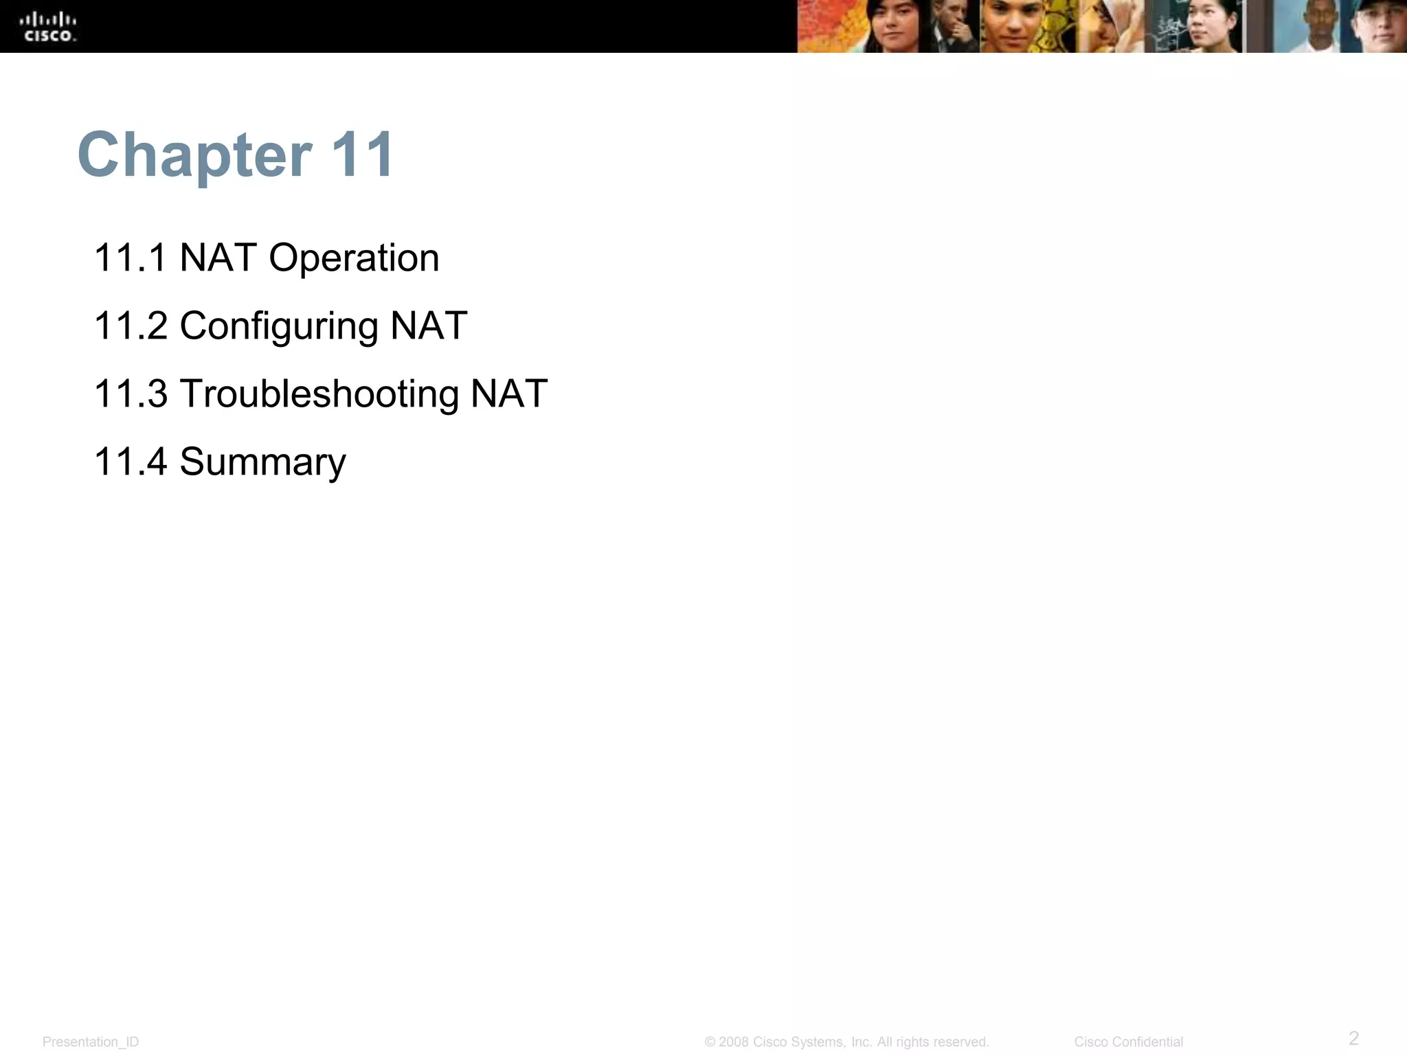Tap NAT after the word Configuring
point(429,326)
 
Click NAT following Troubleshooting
point(509,394)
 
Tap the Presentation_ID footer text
point(91,1042)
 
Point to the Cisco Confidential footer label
point(1128,1042)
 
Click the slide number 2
point(1353,1037)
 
